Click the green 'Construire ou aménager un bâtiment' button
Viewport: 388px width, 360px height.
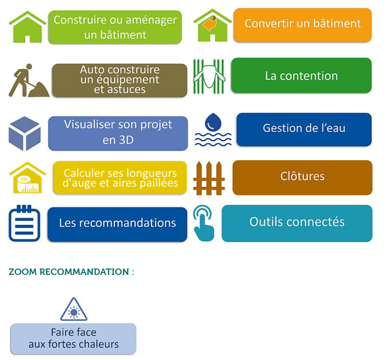pos(115,27)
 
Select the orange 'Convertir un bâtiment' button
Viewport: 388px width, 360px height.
pos(302,24)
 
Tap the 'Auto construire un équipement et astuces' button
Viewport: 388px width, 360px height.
pos(119,80)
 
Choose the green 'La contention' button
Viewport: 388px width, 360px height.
pos(301,76)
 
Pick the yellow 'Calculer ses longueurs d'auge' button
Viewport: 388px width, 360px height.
pos(120,178)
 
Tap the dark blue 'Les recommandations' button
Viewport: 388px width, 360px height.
pos(117,223)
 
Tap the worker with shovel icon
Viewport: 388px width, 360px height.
pos(28,81)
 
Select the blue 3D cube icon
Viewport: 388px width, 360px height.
pos(25,133)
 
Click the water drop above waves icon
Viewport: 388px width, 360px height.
pos(213,130)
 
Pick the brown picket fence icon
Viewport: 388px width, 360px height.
pos(209,178)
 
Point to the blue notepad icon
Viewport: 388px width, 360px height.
pos(25,223)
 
